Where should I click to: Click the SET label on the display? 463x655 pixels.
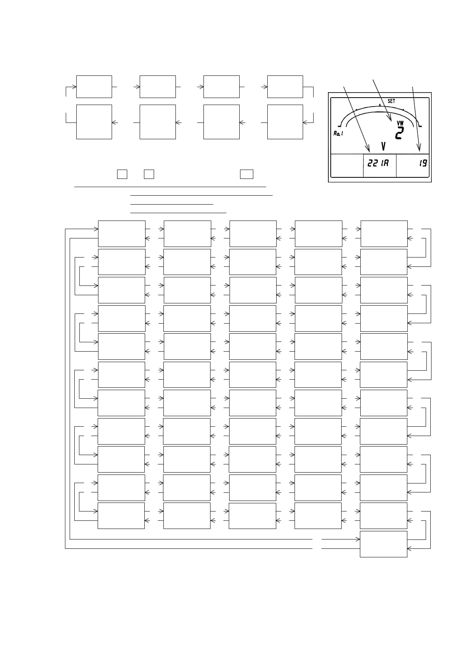(391, 101)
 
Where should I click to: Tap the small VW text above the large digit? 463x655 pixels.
(400, 123)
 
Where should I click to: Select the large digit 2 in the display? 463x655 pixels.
(399, 133)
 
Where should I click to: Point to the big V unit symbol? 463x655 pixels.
(383, 147)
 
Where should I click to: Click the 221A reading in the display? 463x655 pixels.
(378, 163)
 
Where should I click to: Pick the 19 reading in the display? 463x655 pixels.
(423, 163)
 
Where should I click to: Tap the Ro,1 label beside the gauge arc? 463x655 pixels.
(338, 133)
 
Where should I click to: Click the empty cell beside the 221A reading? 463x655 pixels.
(347, 166)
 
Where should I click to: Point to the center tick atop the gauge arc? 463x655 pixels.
(380, 105)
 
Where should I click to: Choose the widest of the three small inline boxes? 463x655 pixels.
(247, 174)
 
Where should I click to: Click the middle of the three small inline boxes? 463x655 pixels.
(149, 174)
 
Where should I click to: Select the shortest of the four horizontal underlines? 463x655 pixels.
(172, 203)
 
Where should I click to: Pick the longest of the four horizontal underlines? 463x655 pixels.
(170, 187)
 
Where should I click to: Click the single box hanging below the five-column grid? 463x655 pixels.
(383, 544)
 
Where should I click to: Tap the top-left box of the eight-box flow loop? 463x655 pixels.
(94, 87)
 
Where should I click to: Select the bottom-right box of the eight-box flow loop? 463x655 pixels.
(285, 122)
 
